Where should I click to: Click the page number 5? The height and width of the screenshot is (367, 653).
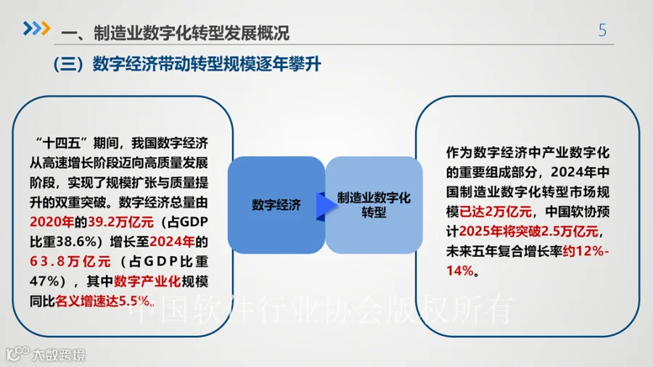click(x=602, y=30)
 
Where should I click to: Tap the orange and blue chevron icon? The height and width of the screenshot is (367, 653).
click(x=36, y=28)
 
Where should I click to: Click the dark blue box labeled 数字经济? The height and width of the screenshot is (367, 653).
click(x=276, y=205)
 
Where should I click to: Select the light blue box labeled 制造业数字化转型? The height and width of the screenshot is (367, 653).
click(x=374, y=205)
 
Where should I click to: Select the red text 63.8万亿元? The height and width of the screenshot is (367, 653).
click(x=70, y=260)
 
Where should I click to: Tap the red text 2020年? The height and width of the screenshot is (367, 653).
click(x=52, y=221)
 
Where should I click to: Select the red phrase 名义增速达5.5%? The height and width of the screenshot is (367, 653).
click(x=107, y=300)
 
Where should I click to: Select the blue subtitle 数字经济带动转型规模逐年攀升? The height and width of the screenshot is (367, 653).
click(x=207, y=65)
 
